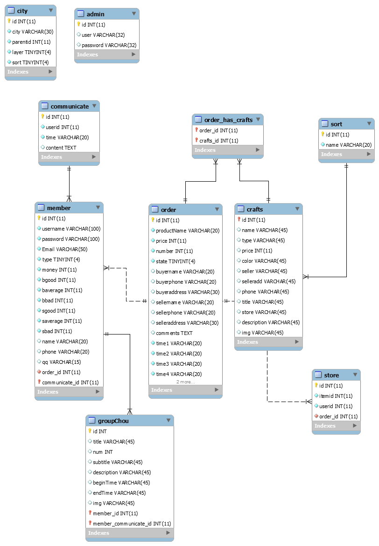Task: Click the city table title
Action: [22, 11]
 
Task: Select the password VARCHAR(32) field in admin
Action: [109, 45]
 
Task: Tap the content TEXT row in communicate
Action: [61, 148]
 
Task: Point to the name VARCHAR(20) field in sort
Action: [348, 145]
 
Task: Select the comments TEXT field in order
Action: [174, 333]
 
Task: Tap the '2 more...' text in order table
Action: [185, 382]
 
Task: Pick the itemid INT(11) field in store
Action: [336, 396]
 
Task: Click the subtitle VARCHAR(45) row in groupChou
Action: [118, 462]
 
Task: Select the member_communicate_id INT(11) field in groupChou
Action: [132, 524]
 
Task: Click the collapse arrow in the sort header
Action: [369, 124]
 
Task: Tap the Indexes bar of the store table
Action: [336, 426]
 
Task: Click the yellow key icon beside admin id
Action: [79, 25]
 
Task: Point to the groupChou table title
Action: [113, 421]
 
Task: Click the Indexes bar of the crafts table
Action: [268, 342]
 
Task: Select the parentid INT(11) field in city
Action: [31, 42]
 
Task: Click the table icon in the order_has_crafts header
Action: [198, 120]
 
